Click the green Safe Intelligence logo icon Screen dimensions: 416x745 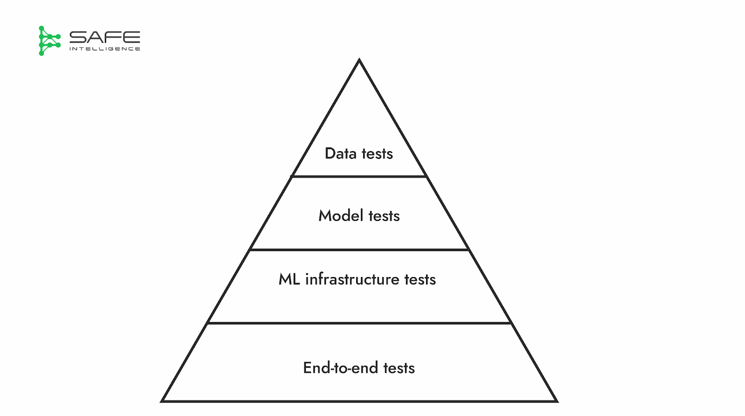tap(49, 41)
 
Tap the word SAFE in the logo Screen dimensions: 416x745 tap(105, 37)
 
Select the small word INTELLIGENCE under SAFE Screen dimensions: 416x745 tap(105, 49)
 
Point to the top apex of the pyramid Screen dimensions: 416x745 tap(359, 60)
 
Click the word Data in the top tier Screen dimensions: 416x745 tap(340, 153)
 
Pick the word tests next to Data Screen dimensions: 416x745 tap(377, 154)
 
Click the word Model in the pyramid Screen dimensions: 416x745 tap(341, 216)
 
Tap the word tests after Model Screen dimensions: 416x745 tap(384, 216)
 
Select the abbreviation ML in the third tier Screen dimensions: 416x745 tap(289, 279)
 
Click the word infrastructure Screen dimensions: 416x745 tap(352, 279)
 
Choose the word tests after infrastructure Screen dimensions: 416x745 tap(420, 279)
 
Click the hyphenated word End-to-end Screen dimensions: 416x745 tap(340, 368)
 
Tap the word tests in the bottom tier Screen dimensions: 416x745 tap(399, 368)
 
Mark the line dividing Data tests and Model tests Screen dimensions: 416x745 tap(359, 177)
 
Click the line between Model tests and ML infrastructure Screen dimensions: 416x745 tap(359, 250)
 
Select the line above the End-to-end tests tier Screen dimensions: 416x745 tap(359, 323)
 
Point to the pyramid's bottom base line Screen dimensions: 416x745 tap(359, 401)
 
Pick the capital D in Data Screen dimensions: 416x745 tap(330, 153)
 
